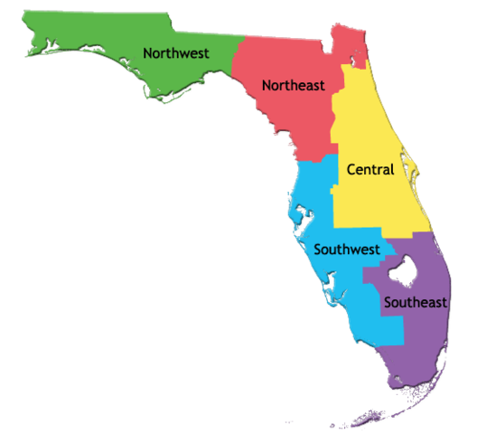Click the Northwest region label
click(x=176, y=53)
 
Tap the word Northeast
click(x=293, y=85)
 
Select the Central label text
click(x=370, y=169)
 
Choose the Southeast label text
click(x=415, y=302)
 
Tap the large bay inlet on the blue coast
click(x=295, y=213)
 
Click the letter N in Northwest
click(x=148, y=53)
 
